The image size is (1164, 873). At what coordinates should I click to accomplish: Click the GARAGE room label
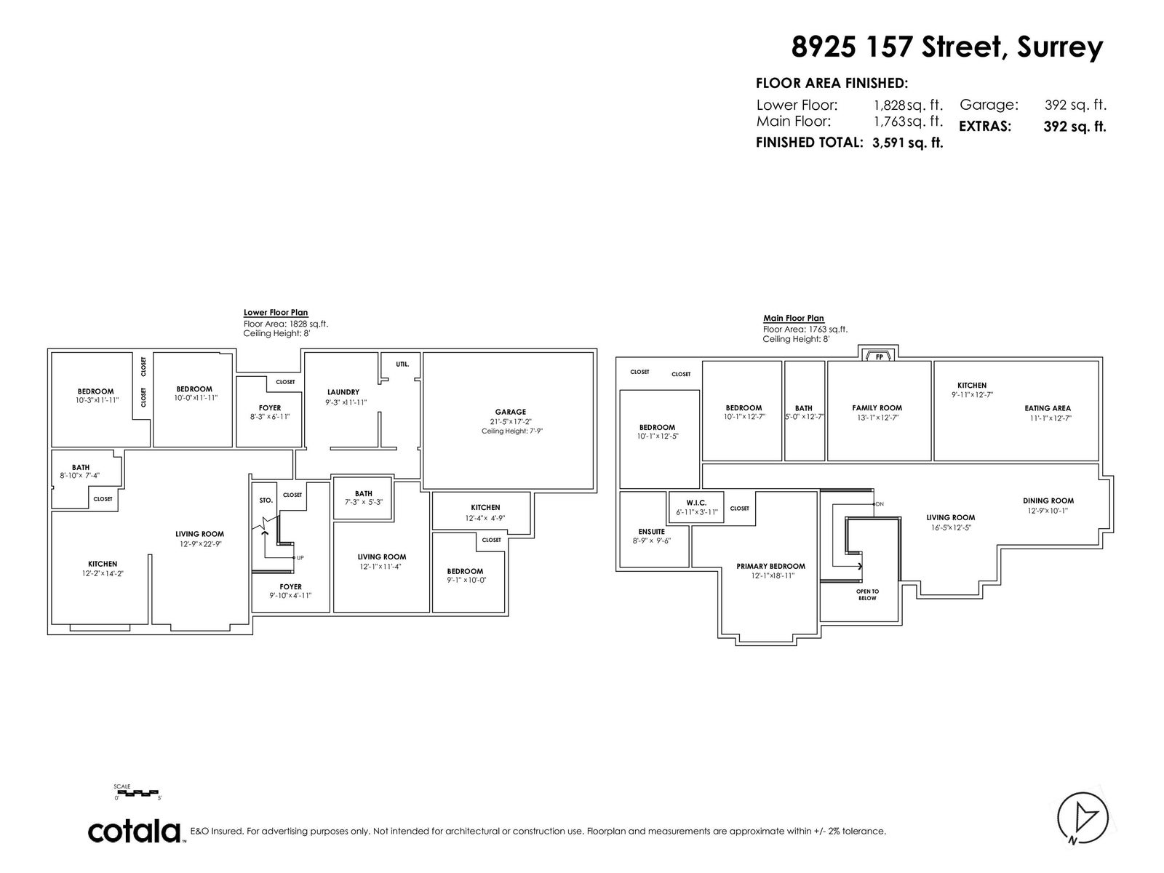(510, 412)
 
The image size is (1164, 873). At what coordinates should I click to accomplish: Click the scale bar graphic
(137, 793)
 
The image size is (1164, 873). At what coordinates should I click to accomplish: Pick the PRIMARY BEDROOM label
(770, 566)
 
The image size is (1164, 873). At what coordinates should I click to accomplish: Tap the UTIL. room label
(402, 364)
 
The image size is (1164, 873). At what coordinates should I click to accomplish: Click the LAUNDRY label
(343, 392)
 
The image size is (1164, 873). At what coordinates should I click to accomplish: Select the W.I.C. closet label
(696, 503)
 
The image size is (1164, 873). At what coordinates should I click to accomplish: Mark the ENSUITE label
(651, 532)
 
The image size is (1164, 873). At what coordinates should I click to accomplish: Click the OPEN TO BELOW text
(867, 594)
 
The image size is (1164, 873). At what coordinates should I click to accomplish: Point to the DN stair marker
(880, 504)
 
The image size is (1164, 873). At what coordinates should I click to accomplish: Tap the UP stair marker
(300, 557)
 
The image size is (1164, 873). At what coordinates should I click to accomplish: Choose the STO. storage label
(266, 501)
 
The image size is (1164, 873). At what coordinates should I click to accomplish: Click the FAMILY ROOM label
(877, 407)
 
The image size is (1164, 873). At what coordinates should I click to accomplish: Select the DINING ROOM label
(1048, 501)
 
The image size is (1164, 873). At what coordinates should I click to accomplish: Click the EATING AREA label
(1048, 408)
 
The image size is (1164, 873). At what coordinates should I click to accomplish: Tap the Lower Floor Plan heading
(275, 313)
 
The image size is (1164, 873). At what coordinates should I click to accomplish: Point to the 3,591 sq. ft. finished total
(907, 143)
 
